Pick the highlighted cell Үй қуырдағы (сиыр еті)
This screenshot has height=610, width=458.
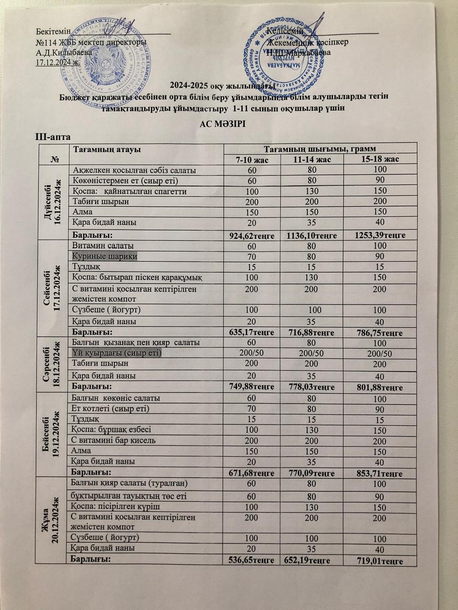click(116, 353)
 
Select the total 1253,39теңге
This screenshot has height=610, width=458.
click(380, 235)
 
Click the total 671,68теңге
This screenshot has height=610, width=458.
click(251, 473)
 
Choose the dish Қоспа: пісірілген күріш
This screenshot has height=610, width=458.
click(115, 506)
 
